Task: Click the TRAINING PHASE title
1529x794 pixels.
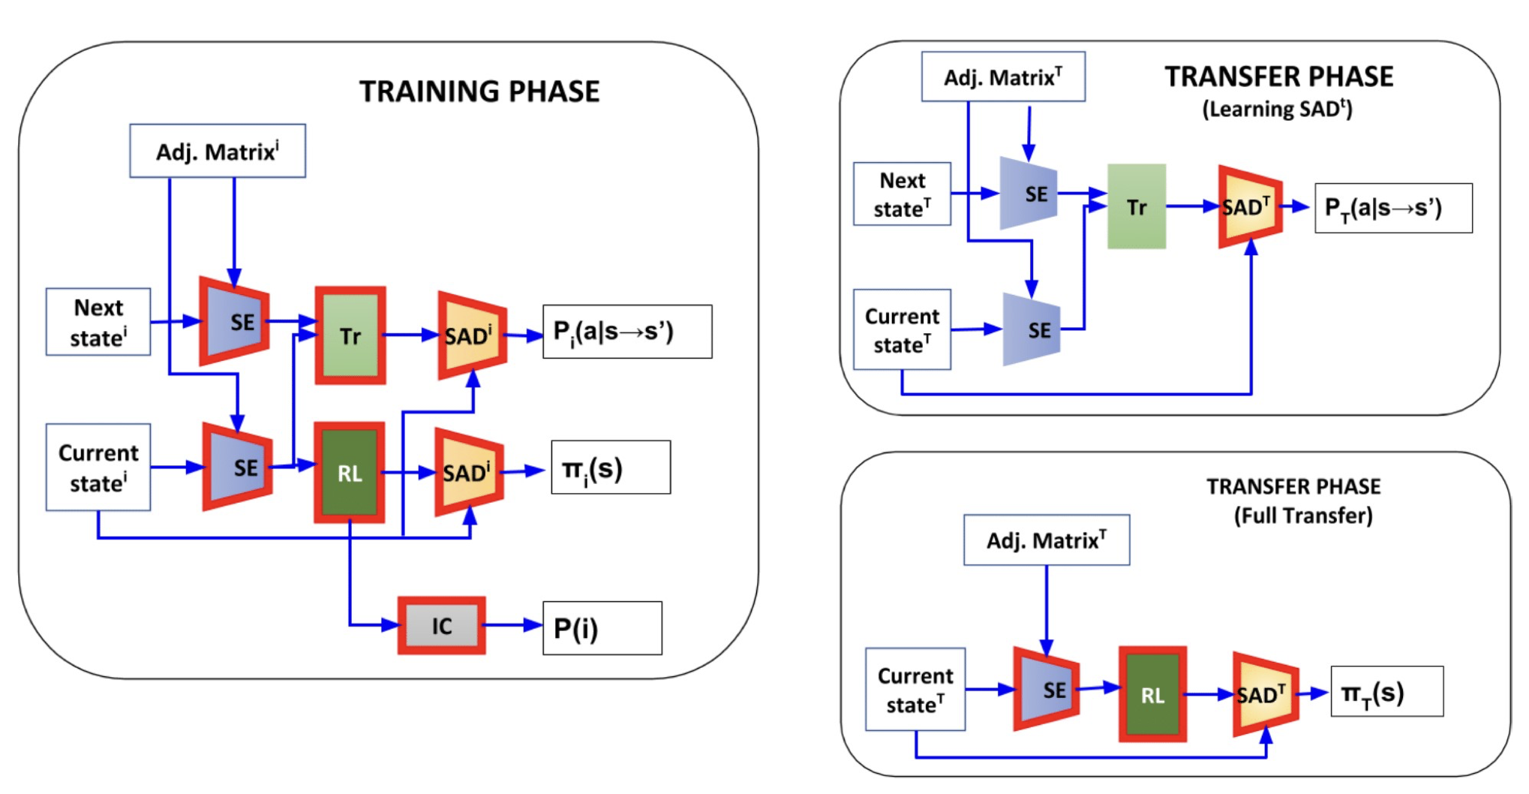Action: coord(479,92)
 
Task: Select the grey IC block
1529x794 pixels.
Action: coord(442,625)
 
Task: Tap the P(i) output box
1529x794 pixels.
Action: coord(602,628)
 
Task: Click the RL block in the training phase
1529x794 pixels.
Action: coord(350,473)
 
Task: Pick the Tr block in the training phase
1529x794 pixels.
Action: coord(350,335)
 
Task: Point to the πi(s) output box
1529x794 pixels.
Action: coord(611,468)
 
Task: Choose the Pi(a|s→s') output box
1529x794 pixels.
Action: coord(627,332)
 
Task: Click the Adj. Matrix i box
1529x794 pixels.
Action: coord(218,151)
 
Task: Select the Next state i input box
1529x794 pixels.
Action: coord(98,322)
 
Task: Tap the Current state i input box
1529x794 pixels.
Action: coord(98,467)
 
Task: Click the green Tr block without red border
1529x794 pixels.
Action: coord(1137,206)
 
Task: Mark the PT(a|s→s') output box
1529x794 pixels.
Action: coord(1393,208)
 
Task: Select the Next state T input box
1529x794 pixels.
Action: coord(903,194)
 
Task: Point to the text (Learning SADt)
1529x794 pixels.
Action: coord(1277,110)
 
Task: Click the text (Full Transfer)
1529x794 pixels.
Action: coord(1303,516)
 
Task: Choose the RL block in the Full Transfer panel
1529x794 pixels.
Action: coord(1152,694)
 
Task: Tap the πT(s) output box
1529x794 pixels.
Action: coord(1386,692)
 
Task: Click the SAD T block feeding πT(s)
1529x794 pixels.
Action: coord(1266,694)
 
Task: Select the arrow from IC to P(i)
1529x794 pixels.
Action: coord(514,624)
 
